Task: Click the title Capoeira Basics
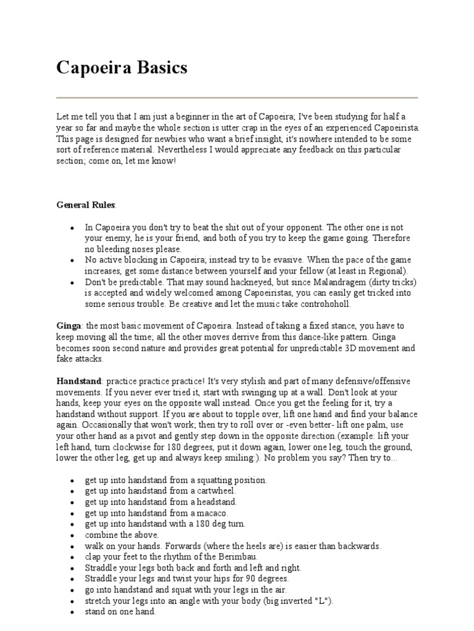coord(122,67)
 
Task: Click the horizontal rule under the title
coord(237,97)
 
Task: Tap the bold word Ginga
coord(69,325)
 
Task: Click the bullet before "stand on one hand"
coord(73,613)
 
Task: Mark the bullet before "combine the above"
coord(73,535)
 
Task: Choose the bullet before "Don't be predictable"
coord(73,283)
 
